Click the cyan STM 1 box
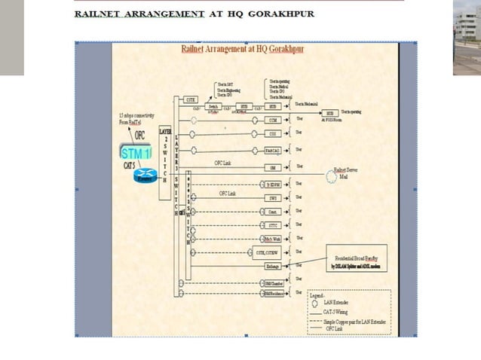pos(136,154)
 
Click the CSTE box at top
pos(191,99)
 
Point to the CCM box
pos(274,120)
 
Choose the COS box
pos(274,134)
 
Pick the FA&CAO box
pos(274,151)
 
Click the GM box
pos(274,167)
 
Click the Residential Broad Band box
pos(355,257)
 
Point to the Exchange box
pos(273,266)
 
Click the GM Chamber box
pos(273,283)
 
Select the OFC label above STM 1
pos(139,136)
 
